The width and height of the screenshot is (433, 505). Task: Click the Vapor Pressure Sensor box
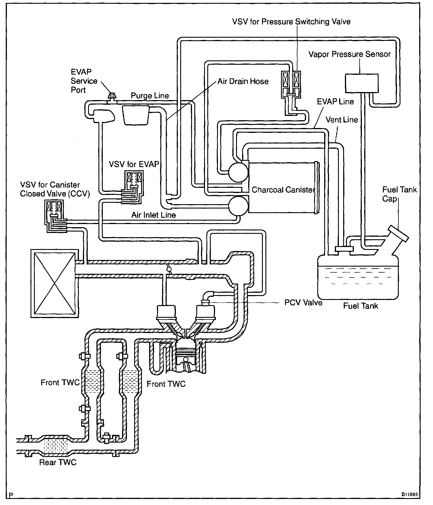(x=362, y=83)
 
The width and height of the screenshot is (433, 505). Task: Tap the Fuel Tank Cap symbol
(x=398, y=233)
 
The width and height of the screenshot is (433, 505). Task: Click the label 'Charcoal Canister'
(x=282, y=190)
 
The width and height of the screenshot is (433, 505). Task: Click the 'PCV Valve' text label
(x=303, y=303)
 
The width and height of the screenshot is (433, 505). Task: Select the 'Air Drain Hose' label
(x=243, y=81)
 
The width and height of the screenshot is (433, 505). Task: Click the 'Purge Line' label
(x=150, y=96)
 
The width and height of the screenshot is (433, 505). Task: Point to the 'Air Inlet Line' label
(x=153, y=215)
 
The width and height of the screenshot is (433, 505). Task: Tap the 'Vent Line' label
(x=342, y=120)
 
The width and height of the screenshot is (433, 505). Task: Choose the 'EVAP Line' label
(x=335, y=102)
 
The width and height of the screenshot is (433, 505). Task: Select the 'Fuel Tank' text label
(x=360, y=306)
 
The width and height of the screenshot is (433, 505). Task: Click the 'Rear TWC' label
(x=58, y=470)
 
